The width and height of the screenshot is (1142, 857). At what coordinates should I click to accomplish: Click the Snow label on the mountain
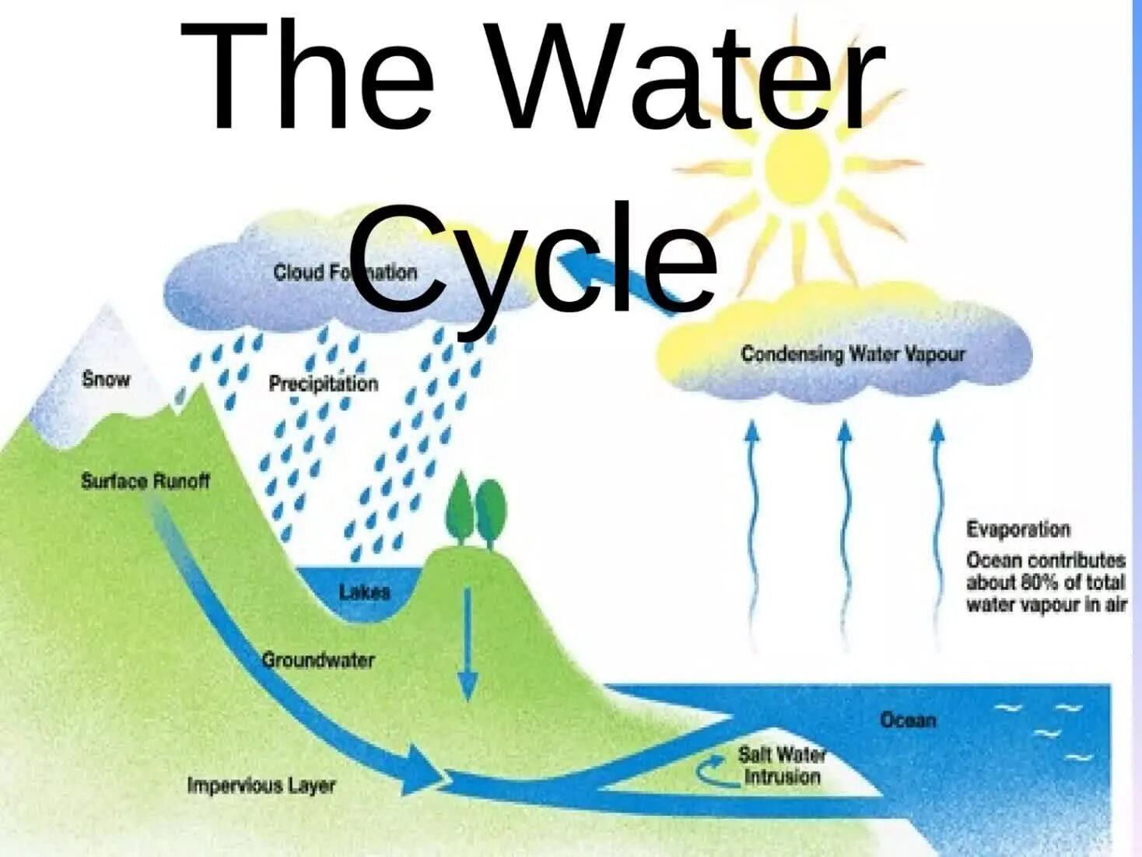click(106, 379)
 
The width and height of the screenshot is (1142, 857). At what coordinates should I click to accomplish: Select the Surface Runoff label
click(145, 481)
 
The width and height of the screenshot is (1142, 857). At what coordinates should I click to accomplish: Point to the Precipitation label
click(323, 383)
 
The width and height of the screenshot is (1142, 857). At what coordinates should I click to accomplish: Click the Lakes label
click(364, 592)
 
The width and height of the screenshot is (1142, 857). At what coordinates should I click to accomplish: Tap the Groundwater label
click(318, 660)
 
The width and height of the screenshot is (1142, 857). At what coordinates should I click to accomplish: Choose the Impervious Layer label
click(261, 785)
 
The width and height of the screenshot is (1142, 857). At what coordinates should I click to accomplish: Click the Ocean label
click(908, 720)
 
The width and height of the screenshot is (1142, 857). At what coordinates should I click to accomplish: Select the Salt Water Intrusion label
click(781, 765)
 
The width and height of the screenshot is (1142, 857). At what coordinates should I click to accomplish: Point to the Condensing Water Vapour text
click(853, 354)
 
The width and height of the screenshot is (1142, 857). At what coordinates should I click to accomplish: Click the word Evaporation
click(1018, 529)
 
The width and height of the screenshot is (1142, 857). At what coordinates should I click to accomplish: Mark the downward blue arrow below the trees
click(468, 646)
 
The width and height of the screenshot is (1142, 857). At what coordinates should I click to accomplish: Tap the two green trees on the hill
click(475, 510)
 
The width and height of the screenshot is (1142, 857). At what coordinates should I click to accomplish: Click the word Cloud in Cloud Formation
click(298, 272)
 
